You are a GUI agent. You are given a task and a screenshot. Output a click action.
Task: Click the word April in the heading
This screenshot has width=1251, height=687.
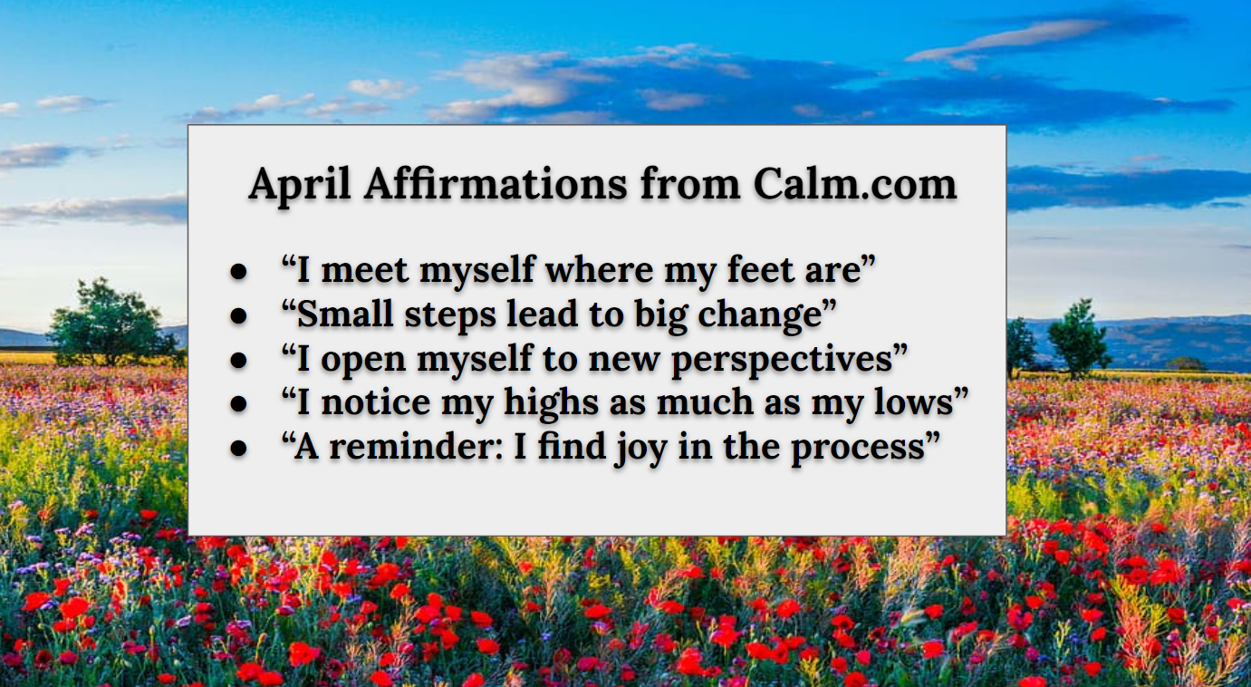[300, 186]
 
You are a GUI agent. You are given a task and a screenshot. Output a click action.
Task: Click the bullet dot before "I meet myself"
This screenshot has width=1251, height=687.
[238, 272]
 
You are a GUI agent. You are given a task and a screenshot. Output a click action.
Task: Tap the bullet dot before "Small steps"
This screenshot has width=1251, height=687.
[238, 315]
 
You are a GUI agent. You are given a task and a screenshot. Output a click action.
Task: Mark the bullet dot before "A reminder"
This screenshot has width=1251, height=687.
[238, 449]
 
